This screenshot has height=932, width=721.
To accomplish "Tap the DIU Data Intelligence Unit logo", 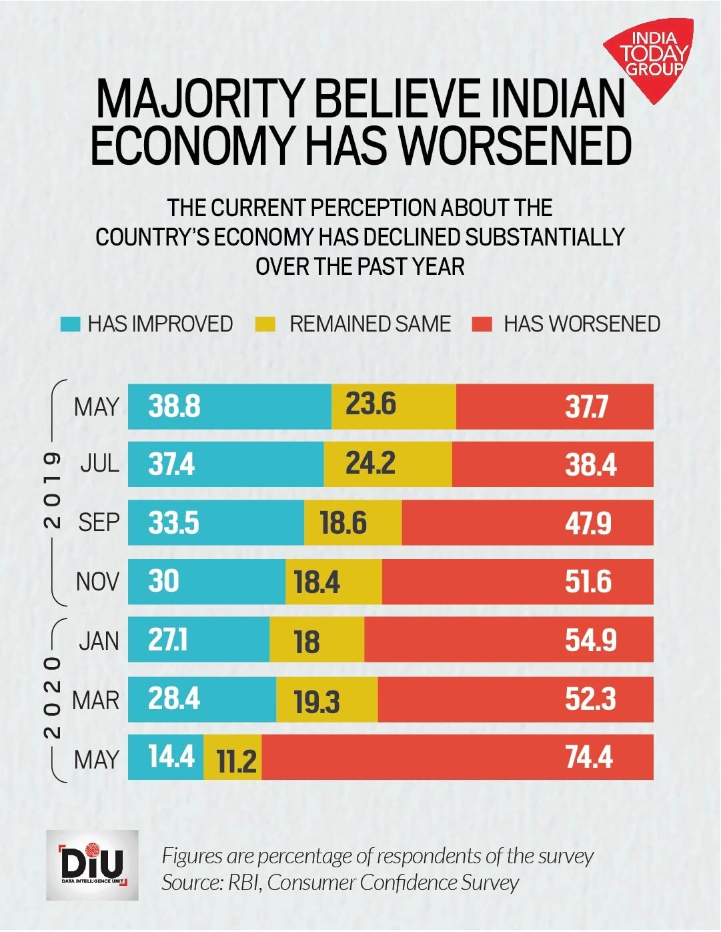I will click(x=92, y=865).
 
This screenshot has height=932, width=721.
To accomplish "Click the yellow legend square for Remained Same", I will click(x=265, y=324).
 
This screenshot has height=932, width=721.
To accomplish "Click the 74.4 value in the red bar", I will click(x=589, y=758).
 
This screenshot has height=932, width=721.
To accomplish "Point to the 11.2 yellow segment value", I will click(x=236, y=760).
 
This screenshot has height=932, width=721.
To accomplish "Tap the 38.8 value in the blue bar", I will click(x=174, y=406).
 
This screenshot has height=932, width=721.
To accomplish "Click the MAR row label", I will click(x=96, y=701).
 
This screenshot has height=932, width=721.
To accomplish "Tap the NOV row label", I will click(x=97, y=582).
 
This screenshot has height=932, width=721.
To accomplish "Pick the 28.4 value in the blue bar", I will click(x=174, y=699).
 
